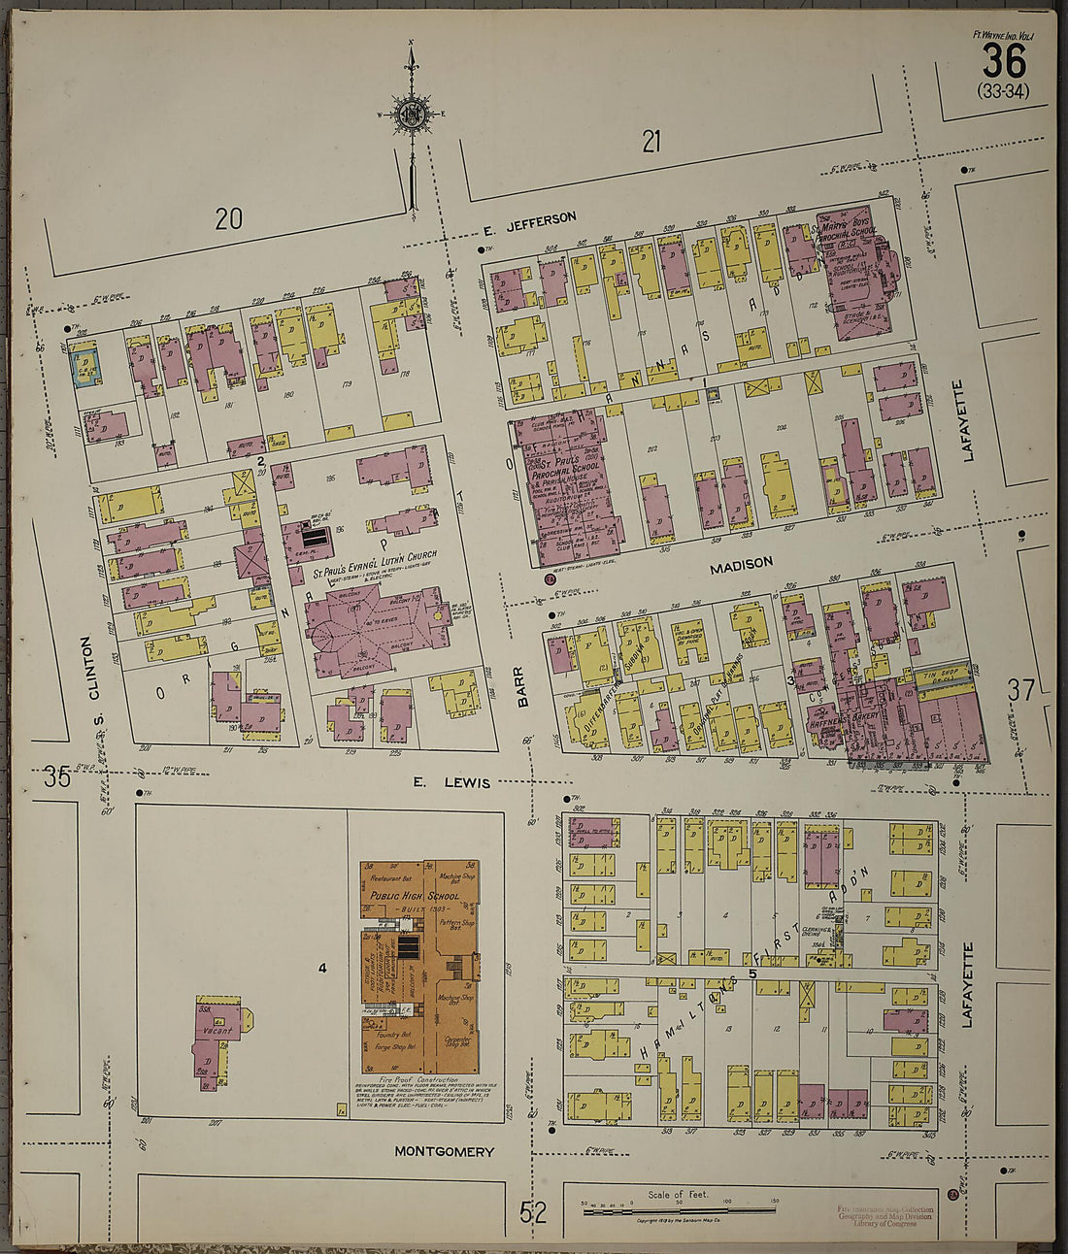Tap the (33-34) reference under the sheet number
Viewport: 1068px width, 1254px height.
point(1003,91)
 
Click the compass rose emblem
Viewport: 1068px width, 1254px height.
point(413,115)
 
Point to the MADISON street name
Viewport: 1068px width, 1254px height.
point(741,563)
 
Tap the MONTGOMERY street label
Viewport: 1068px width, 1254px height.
point(444,1151)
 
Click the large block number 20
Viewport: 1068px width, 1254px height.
point(228,219)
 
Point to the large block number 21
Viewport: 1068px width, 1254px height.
point(651,142)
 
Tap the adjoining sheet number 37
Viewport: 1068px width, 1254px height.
point(1020,691)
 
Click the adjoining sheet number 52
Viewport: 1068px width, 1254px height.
point(533,1211)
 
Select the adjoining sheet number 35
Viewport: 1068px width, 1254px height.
point(56,776)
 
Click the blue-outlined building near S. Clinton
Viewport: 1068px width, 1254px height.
point(87,366)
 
